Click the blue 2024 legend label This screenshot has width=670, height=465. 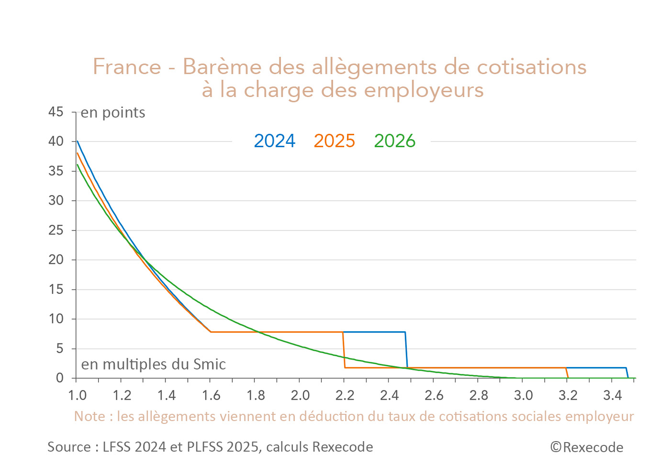[x=274, y=141]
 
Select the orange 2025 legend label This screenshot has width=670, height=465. [x=334, y=141]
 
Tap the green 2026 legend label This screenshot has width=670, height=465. [x=394, y=141]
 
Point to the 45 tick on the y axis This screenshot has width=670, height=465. [x=56, y=112]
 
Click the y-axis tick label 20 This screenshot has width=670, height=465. [x=56, y=260]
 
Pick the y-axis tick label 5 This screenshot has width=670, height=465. [x=59, y=348]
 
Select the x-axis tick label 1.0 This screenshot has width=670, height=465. [x=77, y=395]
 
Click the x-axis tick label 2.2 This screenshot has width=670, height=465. [x=345, y=395]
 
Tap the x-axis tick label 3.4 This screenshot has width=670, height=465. [x=612, y=395]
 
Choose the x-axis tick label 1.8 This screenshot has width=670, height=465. [x=256, y=395]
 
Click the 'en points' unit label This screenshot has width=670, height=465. [x=112, y=113]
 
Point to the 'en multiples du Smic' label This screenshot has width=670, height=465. [x=153, y=365]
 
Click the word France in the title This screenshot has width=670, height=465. [x=127, y=66]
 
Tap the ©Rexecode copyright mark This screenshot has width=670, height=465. [x=586, y=447]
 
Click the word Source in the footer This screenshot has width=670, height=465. [x=69, y=447]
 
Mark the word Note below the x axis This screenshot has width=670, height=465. [x=89, y=416]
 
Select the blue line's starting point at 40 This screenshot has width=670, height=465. [x=78, y=141]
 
